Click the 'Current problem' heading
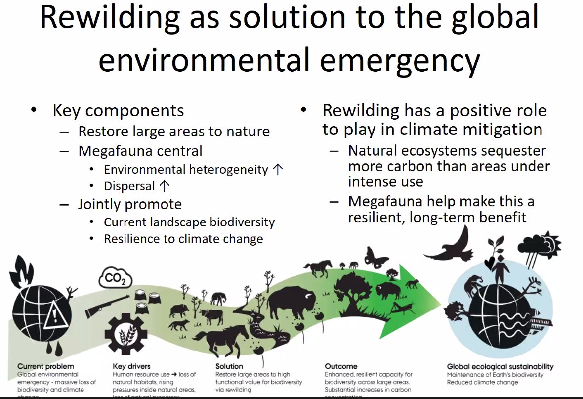(45, 366)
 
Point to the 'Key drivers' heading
(133, 366)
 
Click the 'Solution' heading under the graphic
(229, 366)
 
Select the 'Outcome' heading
(341, 366)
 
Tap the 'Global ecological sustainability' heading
(500, 366)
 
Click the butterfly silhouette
(376, 257)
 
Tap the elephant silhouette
(219, 298)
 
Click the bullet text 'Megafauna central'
(140, 151)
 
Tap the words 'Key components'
(118, 110)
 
